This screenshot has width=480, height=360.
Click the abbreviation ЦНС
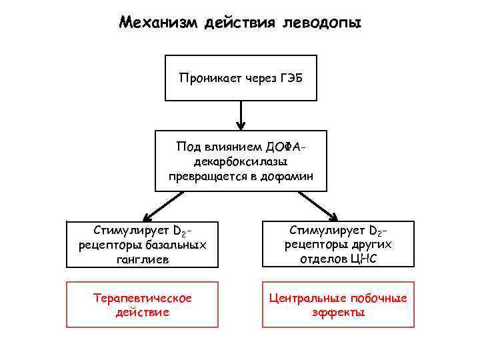[363, 259]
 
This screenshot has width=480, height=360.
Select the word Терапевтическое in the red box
[142, 297]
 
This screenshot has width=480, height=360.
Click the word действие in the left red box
[142, 311]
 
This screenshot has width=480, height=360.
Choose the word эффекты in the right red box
[338, 311]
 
